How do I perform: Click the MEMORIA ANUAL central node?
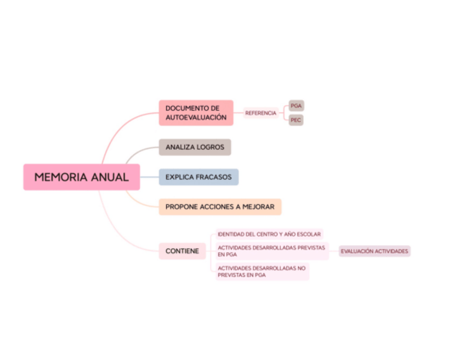point(81,177)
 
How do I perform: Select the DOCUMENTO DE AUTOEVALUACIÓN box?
point(196,113)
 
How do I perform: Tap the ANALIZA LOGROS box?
point(195,147)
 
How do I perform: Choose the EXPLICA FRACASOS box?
point(199,177)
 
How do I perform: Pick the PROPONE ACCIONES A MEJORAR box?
point(220,207)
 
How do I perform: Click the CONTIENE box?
point(182,251)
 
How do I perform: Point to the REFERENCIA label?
point(260,113)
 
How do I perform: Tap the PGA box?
point(296,105)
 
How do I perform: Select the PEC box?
point(296,120)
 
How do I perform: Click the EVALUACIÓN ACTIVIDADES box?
point(375,251)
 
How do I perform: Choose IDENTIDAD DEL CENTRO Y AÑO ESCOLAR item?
point(269,234)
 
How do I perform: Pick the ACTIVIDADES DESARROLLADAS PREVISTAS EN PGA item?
point(271,251)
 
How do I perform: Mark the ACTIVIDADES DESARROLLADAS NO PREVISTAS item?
point(262,272)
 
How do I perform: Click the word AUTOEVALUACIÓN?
point(196,117)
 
